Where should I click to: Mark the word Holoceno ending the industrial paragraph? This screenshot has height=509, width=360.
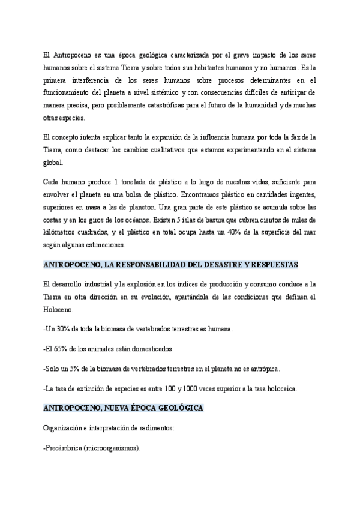point(59,310)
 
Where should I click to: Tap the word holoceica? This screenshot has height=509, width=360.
point(278,388)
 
